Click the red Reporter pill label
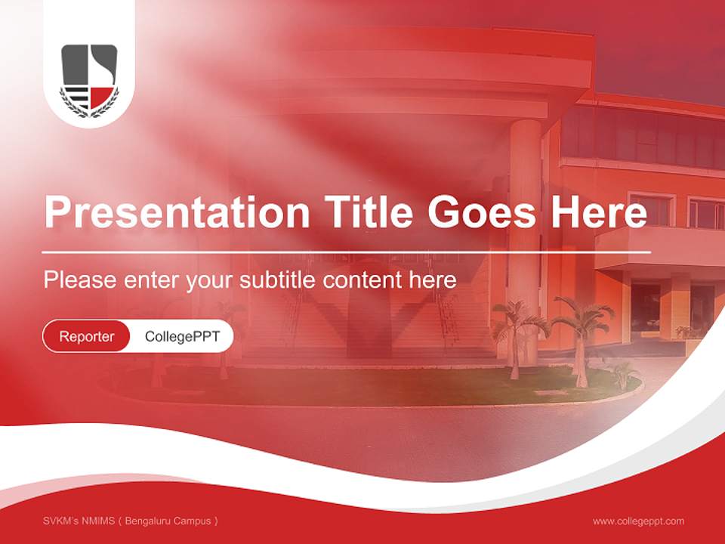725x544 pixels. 87,336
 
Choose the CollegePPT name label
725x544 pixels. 182,336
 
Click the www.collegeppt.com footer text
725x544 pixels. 638,521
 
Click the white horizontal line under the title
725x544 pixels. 347,252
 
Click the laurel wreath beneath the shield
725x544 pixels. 89,110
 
